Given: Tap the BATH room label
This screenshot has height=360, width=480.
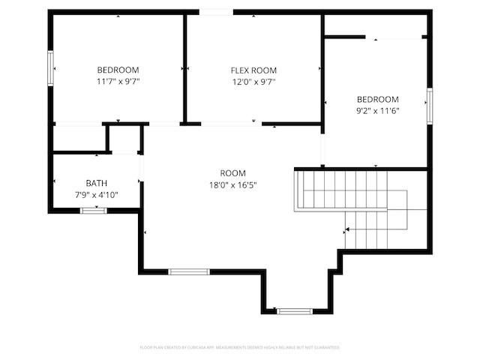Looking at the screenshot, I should click(x=96, y=183).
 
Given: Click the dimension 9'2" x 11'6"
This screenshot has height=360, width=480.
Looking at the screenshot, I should click(x=377, y=110).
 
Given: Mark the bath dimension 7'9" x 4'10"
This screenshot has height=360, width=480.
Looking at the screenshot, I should click(x=96, y=195).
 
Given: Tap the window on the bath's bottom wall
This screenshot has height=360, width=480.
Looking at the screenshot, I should click(x=94, y=211).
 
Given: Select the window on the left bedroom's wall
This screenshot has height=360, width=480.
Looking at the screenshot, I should click(x=51, y=69).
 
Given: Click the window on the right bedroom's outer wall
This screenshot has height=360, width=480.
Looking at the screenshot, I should click(x=430, y=105).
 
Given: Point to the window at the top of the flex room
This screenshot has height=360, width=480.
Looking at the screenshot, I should click(x=216, y=12).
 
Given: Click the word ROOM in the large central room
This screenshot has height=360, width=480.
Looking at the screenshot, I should click(x=232, y=173).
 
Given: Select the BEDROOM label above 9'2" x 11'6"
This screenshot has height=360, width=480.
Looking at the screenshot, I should click(x=377, y=99).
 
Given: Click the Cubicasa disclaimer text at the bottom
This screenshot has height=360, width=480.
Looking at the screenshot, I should click(x=240, y=347).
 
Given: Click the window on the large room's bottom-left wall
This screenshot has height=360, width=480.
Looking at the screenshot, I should click(x=188, y=271).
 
